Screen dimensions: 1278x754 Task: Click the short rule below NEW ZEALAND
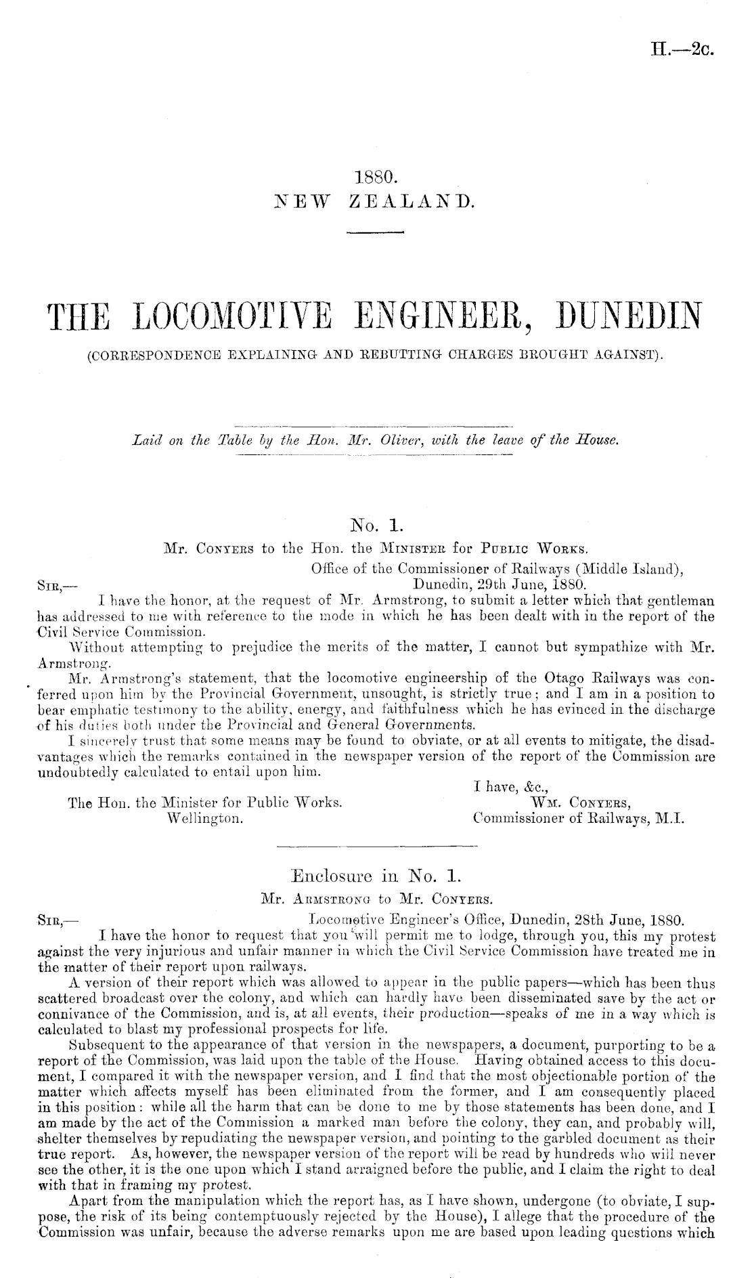pyautogui.click(x=375, y=232)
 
